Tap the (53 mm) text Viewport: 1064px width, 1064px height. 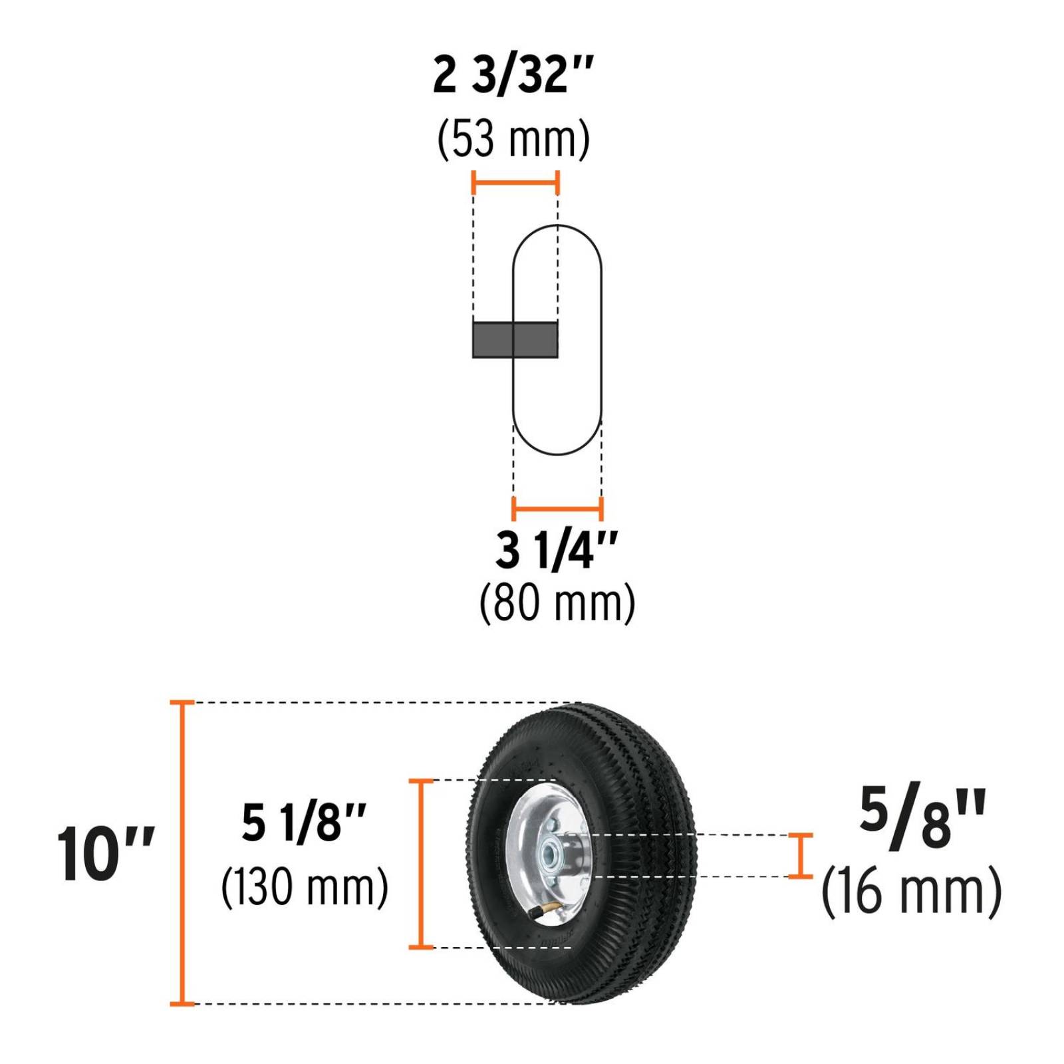click(513, 139)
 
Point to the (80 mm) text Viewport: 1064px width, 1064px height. click(557, 602)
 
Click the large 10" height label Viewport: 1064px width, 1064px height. click(105, 855)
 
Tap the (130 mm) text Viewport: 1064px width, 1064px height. click(305, 886)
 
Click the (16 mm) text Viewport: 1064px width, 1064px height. click(911, 891)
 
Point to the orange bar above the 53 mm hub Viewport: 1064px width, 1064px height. click(515, 182)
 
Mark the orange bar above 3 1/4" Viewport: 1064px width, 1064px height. click(557, 509)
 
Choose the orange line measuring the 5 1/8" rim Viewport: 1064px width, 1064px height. click(420, 863)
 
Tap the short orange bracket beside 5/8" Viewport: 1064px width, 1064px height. click(801, 856)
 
